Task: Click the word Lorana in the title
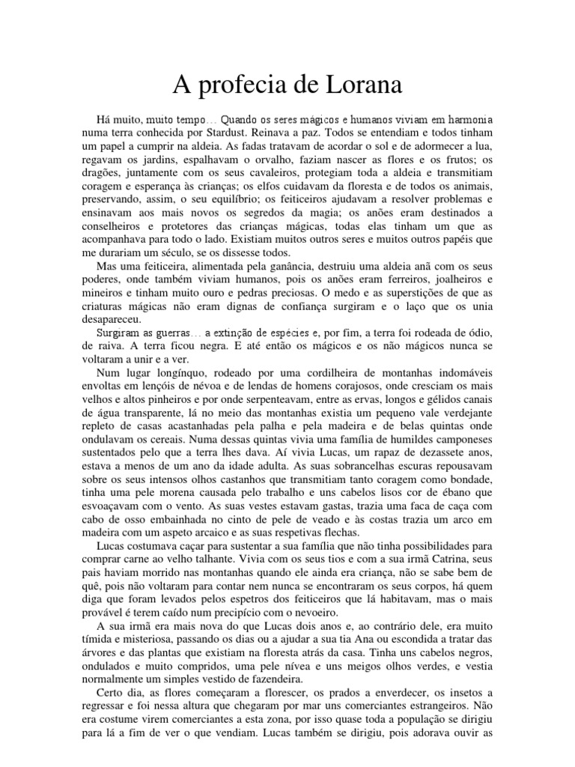tap(352, 85)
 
